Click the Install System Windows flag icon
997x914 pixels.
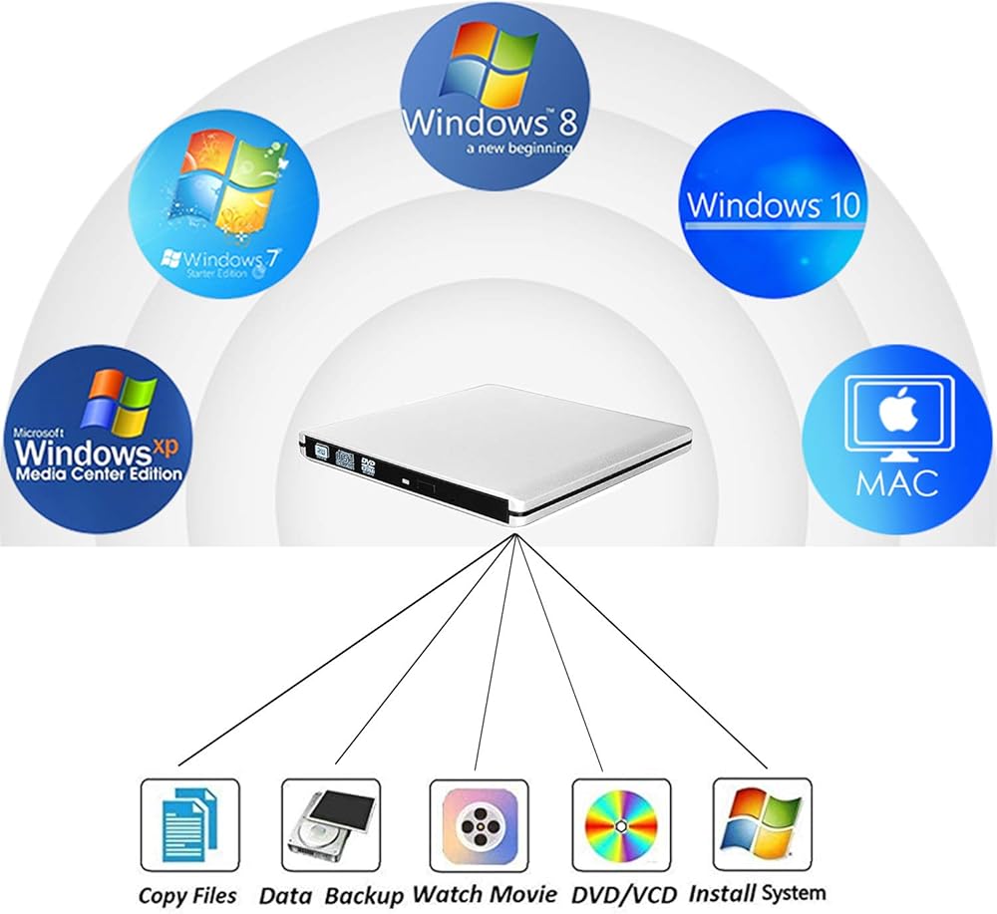[763, 823]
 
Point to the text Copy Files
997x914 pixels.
[187, 894]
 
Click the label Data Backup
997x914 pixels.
[331, 894]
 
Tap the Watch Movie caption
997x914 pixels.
[485, 893]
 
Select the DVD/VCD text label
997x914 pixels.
[622, 892]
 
